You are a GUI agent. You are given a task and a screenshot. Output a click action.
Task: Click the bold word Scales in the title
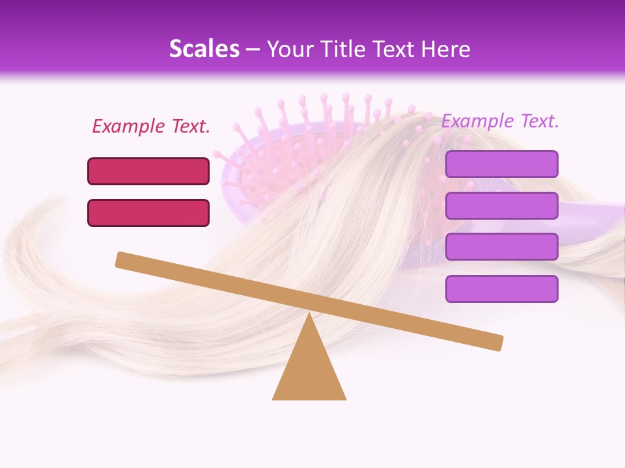pos(204,49)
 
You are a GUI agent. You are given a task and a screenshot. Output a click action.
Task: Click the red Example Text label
pos(151,126)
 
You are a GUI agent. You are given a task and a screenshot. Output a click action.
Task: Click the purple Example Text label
pos(500,121)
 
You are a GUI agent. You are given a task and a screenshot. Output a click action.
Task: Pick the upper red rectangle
pos(148,171)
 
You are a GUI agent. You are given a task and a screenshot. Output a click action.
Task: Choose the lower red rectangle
pos(148,213)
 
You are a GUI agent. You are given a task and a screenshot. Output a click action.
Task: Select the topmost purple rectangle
pos(501,164)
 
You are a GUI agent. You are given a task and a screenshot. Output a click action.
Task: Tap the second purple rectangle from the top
pos(501,205)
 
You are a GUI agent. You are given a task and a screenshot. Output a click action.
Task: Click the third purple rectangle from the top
pos(501,247)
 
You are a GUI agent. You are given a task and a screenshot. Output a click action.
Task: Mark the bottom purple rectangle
pos(501,289)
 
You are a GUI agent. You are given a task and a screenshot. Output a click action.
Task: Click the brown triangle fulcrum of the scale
pos(309,370)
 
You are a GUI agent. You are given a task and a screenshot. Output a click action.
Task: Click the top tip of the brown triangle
pos(309,315)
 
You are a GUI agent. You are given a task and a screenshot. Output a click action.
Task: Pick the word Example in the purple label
pos(477,121)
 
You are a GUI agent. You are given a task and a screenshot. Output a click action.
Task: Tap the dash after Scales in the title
pos(253,49)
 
